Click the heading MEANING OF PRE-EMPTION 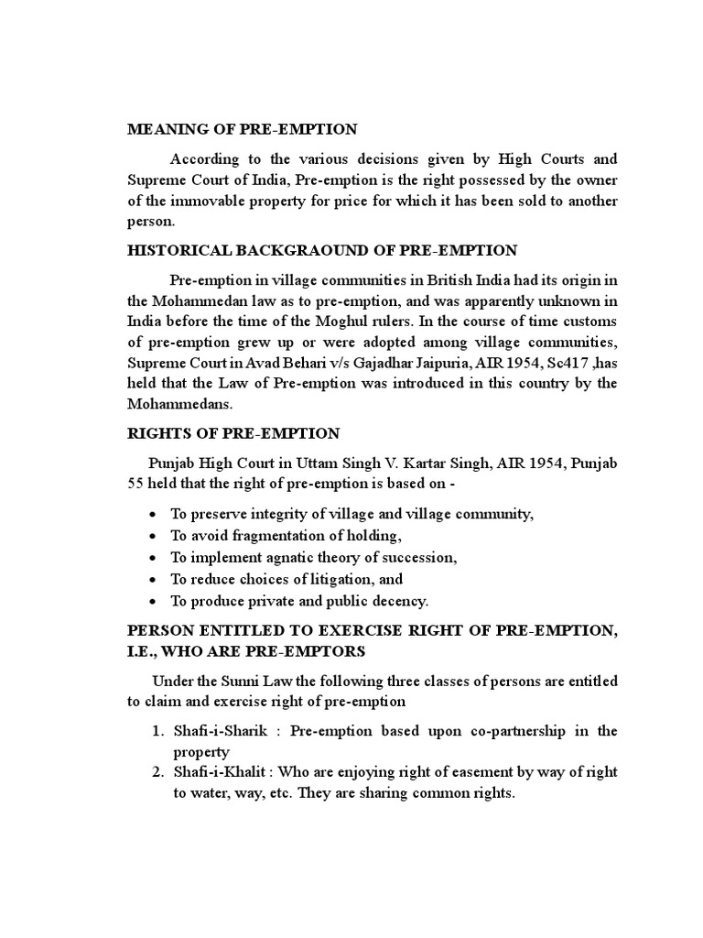pos(242,129)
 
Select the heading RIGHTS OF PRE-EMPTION pos(233,433)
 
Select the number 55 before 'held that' pos(136,483)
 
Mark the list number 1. pos(156,731)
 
